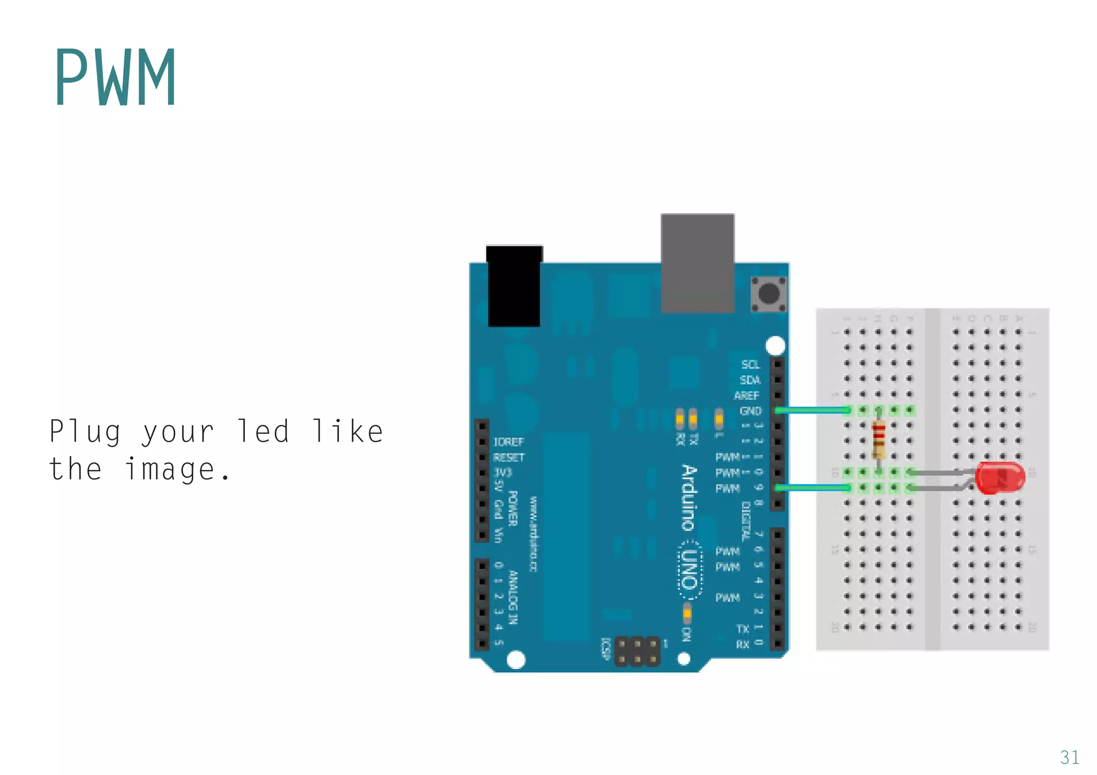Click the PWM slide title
point(115,78)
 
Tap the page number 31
point(1069,757)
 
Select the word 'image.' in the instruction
point(177,469)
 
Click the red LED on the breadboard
point(1000,477)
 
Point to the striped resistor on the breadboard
point(878,440)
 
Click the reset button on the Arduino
point(769,293)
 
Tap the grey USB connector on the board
point(697,263)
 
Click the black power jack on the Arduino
point(514,286)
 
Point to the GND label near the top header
point(750,411)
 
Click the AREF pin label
point(747,396)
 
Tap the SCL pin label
point(750,364)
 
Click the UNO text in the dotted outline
point(691,570)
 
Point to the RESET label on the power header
point(509,458)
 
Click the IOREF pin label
point(508,442)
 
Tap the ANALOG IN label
point(513,597)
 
